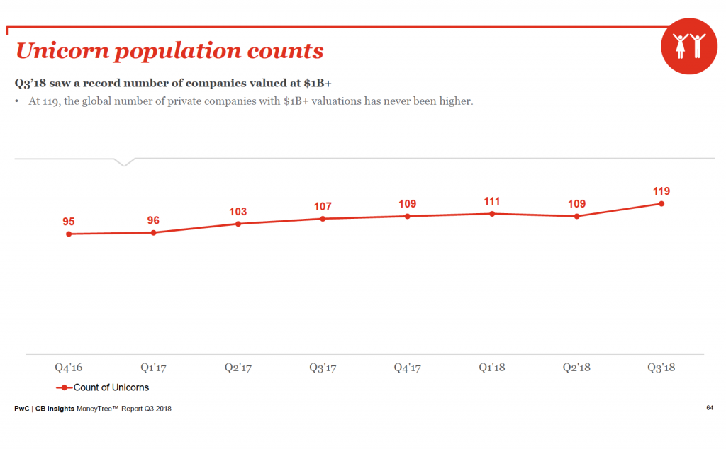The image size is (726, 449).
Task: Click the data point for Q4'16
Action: point(69,234)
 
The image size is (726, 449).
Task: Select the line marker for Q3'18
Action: point(661,203)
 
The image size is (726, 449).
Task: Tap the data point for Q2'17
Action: point(238,224)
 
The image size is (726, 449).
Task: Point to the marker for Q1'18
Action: point(492,213)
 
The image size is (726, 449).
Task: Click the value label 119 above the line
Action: point(661,191)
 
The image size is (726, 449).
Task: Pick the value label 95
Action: point(69,222)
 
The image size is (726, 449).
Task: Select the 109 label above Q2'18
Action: point(576,204)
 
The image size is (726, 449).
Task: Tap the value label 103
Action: point(238,212)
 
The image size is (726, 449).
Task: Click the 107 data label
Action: point(323,207)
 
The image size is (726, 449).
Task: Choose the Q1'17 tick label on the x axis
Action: point(153,368)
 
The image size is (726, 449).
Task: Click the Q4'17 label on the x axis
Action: point(407,368)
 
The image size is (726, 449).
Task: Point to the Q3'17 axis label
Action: point(323,368)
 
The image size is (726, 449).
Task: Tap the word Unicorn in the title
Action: point(63,51)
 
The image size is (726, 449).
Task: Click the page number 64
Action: point(709,407)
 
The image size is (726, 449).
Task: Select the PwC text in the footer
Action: point(22,409)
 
